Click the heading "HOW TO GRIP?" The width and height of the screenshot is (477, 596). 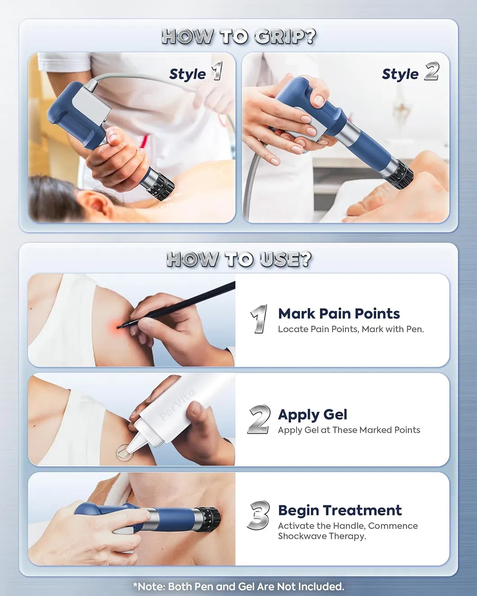pos(238,36)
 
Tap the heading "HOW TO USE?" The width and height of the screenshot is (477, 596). pos(238,260)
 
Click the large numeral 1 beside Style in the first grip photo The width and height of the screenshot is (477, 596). pos(217,71)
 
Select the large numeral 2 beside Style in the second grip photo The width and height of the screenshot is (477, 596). pos(432,71)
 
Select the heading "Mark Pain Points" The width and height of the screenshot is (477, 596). pos(339,314)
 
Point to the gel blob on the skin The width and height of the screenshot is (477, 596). pos(124,452)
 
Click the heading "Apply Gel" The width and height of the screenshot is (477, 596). pos(312,415)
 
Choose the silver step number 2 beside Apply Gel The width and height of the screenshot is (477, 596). pos(259,419)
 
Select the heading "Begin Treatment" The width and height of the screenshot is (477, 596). pos(340,510)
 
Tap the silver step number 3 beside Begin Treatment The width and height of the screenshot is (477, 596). pos(258,515)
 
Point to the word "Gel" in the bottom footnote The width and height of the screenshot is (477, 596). pos(247,586)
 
